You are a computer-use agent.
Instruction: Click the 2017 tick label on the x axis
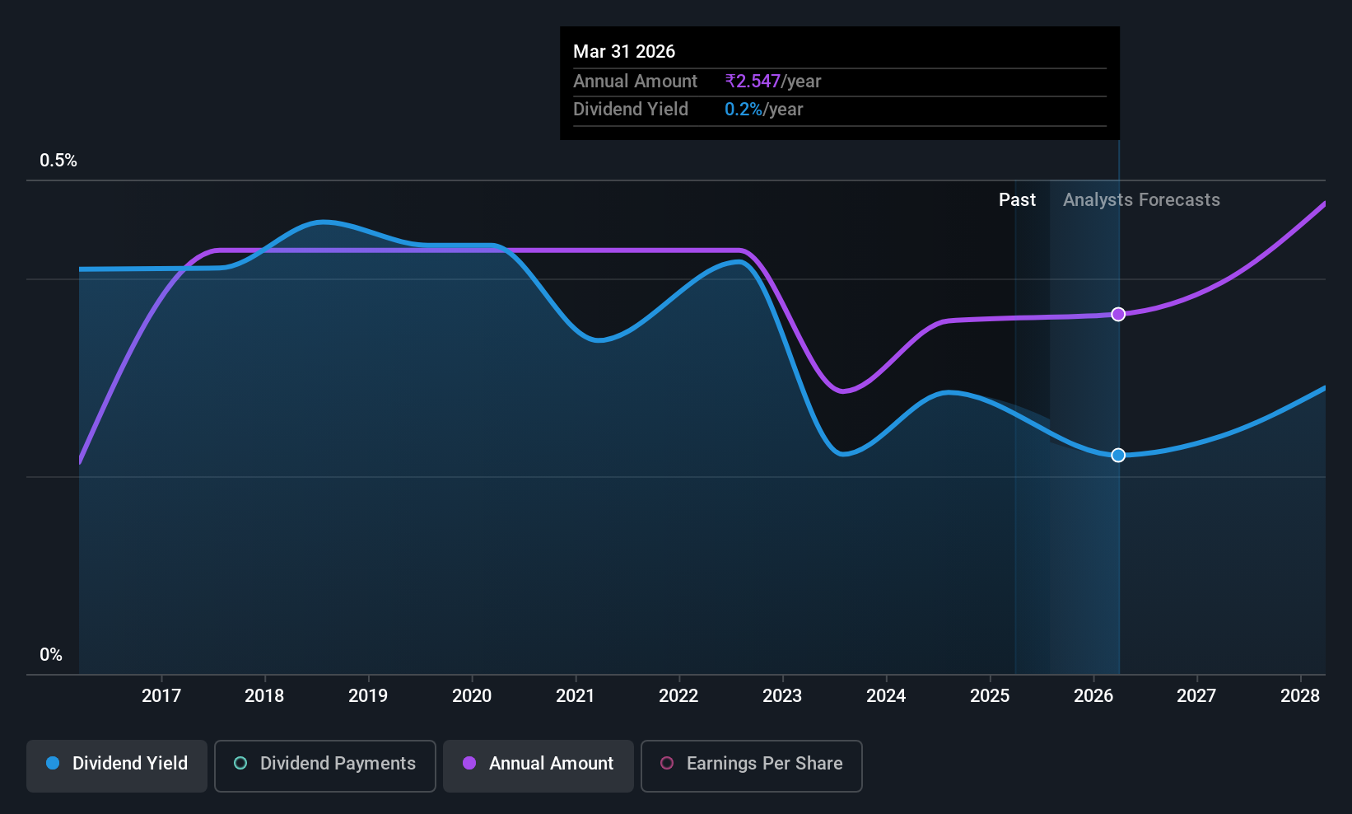(161, 695)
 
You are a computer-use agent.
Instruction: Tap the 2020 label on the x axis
(472, 695)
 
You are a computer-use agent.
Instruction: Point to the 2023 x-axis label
(782, 695)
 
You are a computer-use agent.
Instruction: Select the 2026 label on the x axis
(1093, 695)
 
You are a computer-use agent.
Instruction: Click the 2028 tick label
(1300, 695)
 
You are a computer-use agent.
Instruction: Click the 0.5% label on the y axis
(58, 161)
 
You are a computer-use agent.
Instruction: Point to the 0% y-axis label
(51, 655)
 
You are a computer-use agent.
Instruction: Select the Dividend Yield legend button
(116, 765)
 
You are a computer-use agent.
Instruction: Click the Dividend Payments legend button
(324, 765)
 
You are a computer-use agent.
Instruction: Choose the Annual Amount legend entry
(538, 765)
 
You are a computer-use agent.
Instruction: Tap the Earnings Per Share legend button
(752, 765)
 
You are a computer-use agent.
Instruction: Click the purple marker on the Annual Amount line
(1118, 314)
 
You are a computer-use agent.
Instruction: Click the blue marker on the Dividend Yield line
(1118, 455)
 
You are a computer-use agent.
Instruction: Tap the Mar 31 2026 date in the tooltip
(624, 51)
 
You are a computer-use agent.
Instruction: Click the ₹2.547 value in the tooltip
(753, 81)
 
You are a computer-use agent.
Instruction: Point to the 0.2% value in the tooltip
(744, 110)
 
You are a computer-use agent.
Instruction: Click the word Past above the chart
(1017, 200)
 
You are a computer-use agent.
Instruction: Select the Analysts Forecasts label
(1141, 200)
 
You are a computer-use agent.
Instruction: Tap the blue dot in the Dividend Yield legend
(54, 763)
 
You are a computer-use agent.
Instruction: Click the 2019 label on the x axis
(368, 695)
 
